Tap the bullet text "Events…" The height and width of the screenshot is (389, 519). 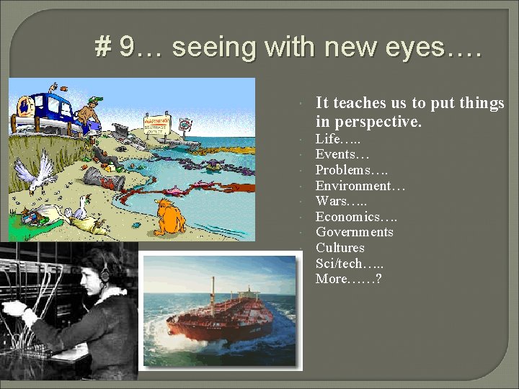[x=342, y=154]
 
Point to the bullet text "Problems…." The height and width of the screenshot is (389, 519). [x=352, y=170]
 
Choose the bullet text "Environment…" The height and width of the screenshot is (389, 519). [x=360, y=186]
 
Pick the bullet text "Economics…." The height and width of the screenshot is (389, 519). [x=356, y=217]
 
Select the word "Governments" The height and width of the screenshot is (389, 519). [x=355, y=232]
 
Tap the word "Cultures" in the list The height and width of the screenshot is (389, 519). [x=340, y=247]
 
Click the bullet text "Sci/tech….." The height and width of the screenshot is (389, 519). [x=349, y=263]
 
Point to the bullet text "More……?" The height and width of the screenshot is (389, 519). [x=348, y=279]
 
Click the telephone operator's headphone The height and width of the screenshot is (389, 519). [x=105, y=273]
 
